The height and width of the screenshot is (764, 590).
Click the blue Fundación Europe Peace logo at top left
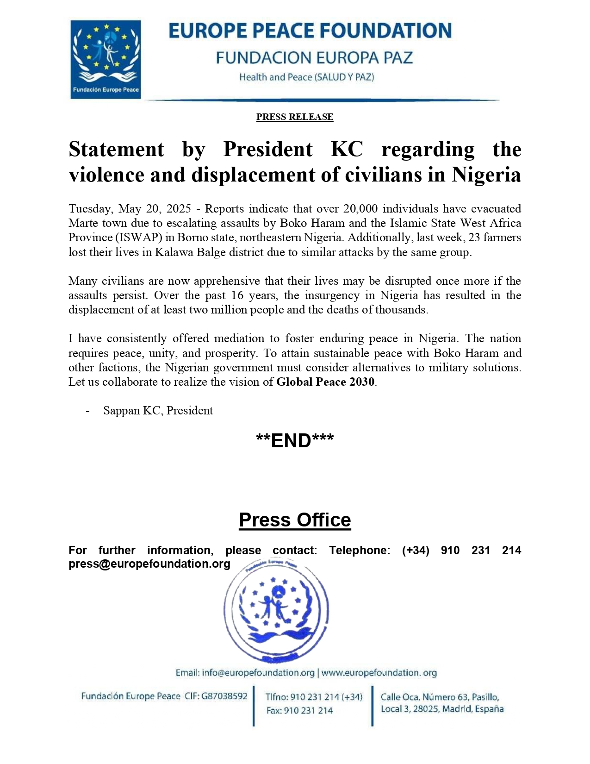click(x=106, y=59)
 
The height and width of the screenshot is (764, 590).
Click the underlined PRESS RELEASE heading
click(x=295, y=117)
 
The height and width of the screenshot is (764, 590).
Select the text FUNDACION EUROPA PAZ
click(x=314, y=58)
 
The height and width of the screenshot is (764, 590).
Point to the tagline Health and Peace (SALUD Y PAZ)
click(x=306, y=77)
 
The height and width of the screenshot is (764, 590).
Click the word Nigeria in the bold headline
click(x=486, y=175)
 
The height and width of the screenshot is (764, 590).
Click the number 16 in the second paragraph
click(x=237, y=295)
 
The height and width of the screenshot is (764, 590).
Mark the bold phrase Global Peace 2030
click(x=325, y=382)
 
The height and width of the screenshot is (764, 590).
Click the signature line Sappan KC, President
click(x=158, y=411)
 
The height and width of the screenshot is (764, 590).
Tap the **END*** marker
click(x=295, y=441)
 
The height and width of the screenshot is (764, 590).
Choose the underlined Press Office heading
click(x=295, y=520)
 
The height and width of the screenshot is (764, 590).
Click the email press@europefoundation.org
click(x=149, y=564)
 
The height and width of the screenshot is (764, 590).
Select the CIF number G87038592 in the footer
click(x=224, y=696)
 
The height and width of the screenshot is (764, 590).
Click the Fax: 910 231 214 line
click(x=299, y=710)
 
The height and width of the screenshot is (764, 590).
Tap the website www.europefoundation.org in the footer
click(x=379, y=673)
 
